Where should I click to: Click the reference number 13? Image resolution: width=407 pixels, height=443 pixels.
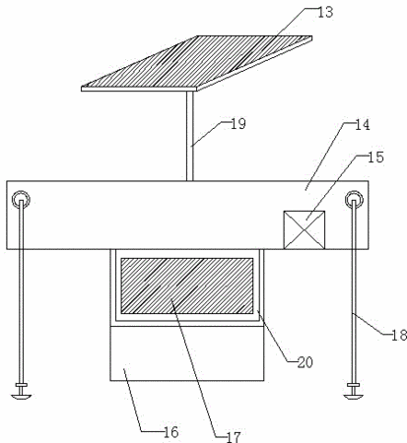tap(325, 12)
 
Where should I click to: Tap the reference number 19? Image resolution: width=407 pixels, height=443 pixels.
tap(238, 124)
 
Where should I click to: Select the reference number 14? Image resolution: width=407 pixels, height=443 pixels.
tap(363, 125)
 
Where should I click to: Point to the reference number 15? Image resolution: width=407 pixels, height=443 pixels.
tap(376, 158)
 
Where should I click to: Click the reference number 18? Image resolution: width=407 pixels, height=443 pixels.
tap(399, 336)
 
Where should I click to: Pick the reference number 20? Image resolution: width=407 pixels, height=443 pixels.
tap(305, 362)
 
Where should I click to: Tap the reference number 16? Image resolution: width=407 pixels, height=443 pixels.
tap(170, 432)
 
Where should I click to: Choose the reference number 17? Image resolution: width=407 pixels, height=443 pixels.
tap(234, 437)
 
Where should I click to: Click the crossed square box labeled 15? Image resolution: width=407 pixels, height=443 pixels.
tap(305, 230)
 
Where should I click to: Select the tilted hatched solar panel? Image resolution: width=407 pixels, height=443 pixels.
tap(196, 63)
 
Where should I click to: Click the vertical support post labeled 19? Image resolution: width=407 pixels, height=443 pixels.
tap(190, 136)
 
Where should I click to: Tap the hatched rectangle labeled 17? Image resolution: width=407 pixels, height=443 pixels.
tap(187, 285)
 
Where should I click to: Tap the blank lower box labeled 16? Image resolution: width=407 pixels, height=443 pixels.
tap(187, 353)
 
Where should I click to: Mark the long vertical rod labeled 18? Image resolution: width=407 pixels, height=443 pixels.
tap(354, 292)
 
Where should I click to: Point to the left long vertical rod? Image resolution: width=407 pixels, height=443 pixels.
tap(22, 292)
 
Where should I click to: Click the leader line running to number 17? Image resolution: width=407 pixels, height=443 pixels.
tap(195, 367)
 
